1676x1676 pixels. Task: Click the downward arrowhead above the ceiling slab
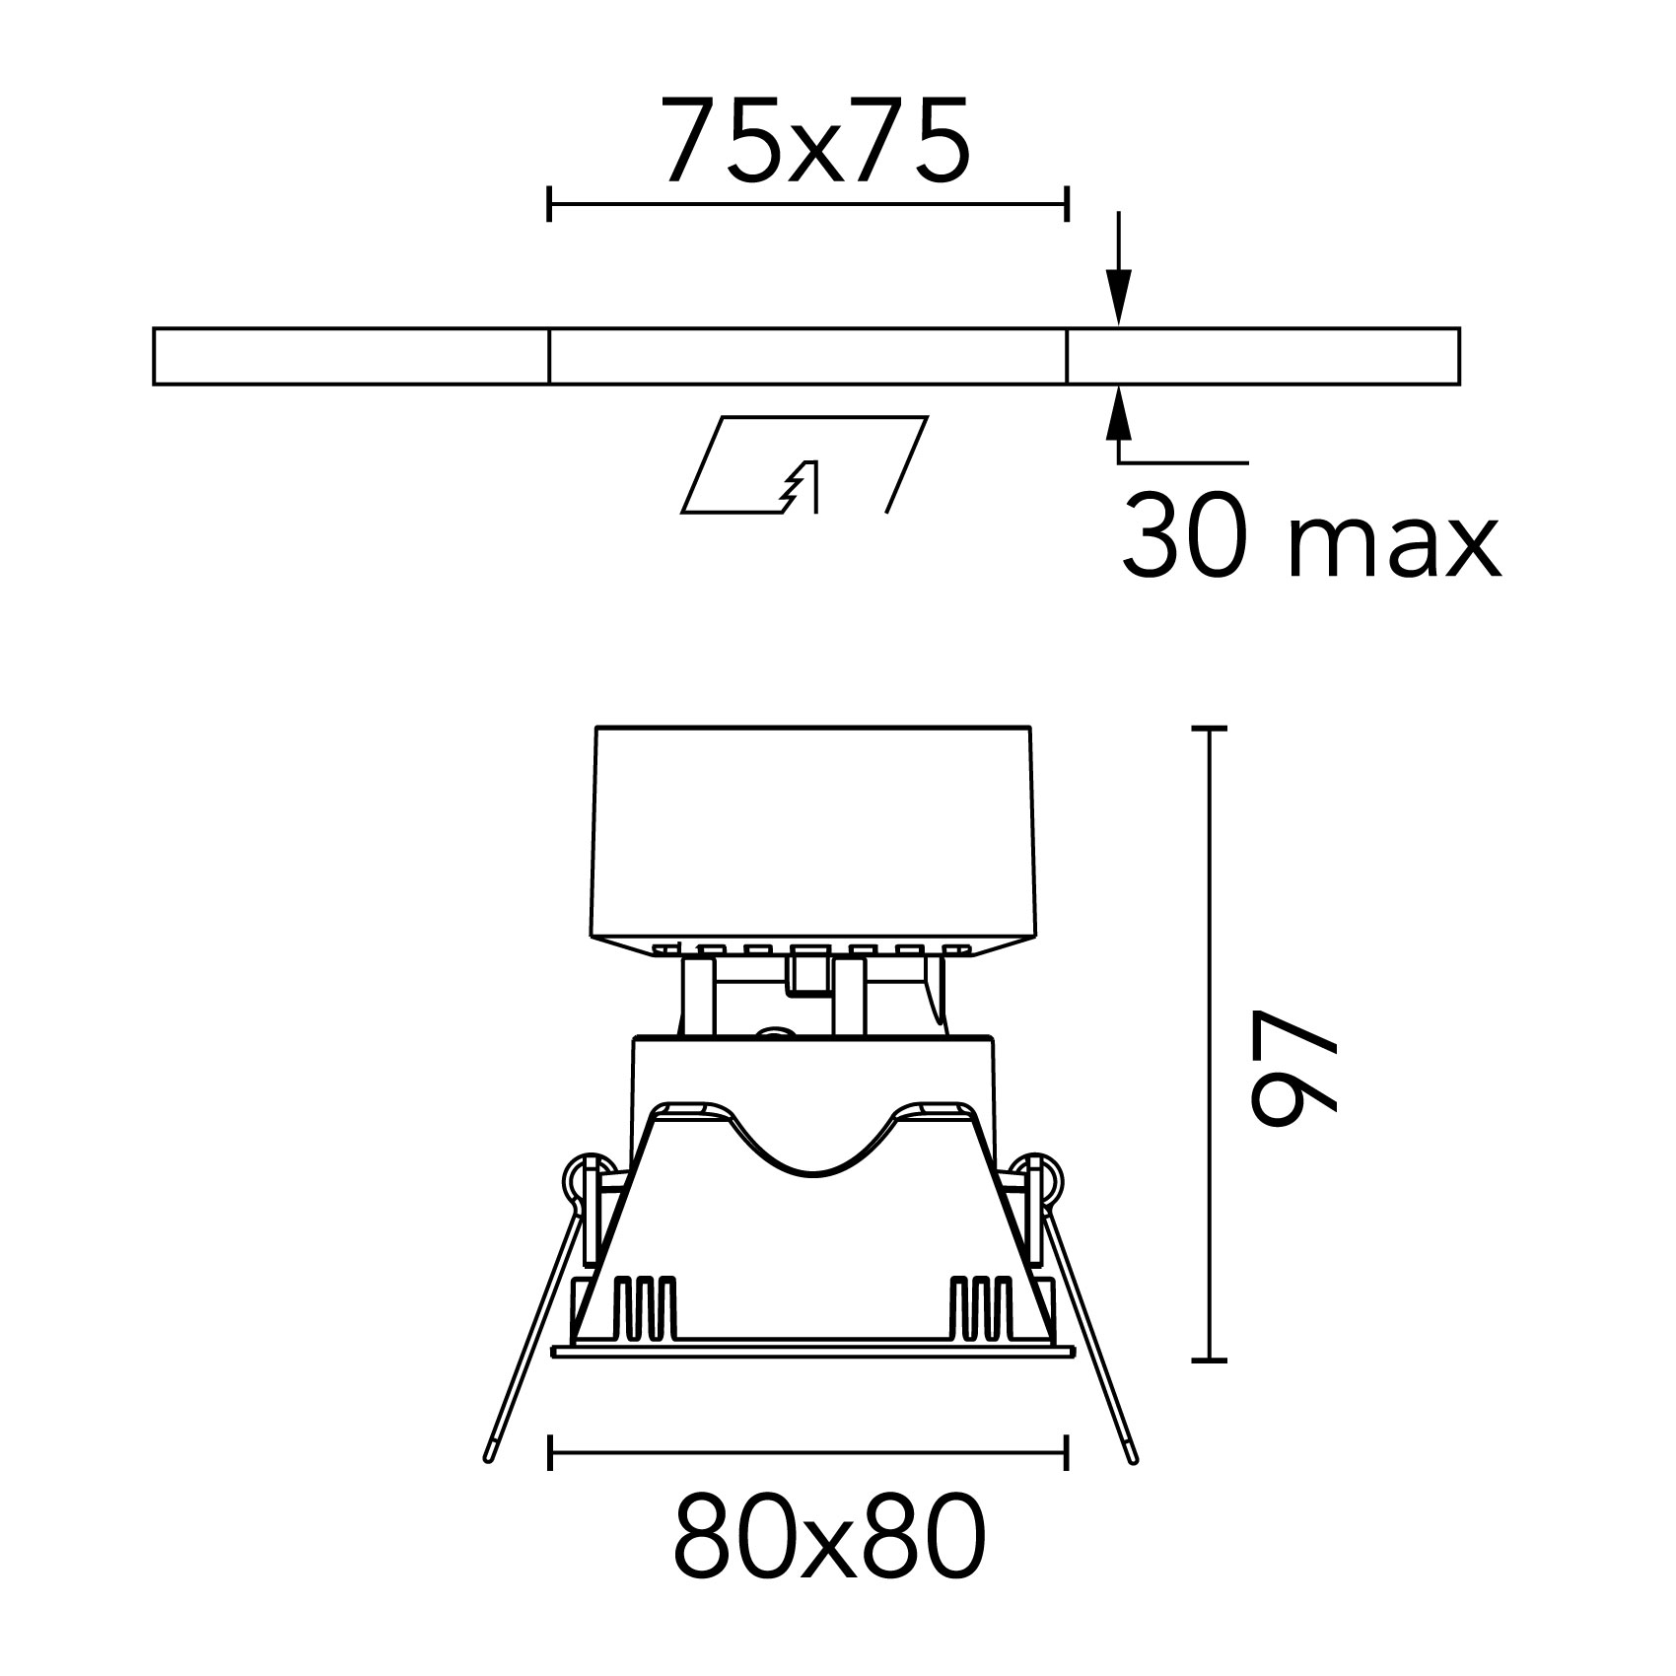click(x=1118, y=297)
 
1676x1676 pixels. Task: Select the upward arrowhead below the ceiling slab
click(x=1118, y=414)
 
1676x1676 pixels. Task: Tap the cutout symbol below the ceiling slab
click(x=804, y=464)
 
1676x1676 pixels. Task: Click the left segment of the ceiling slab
click(x=350, y=356)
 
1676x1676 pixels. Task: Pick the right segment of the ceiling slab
click(x=1263, y=356)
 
